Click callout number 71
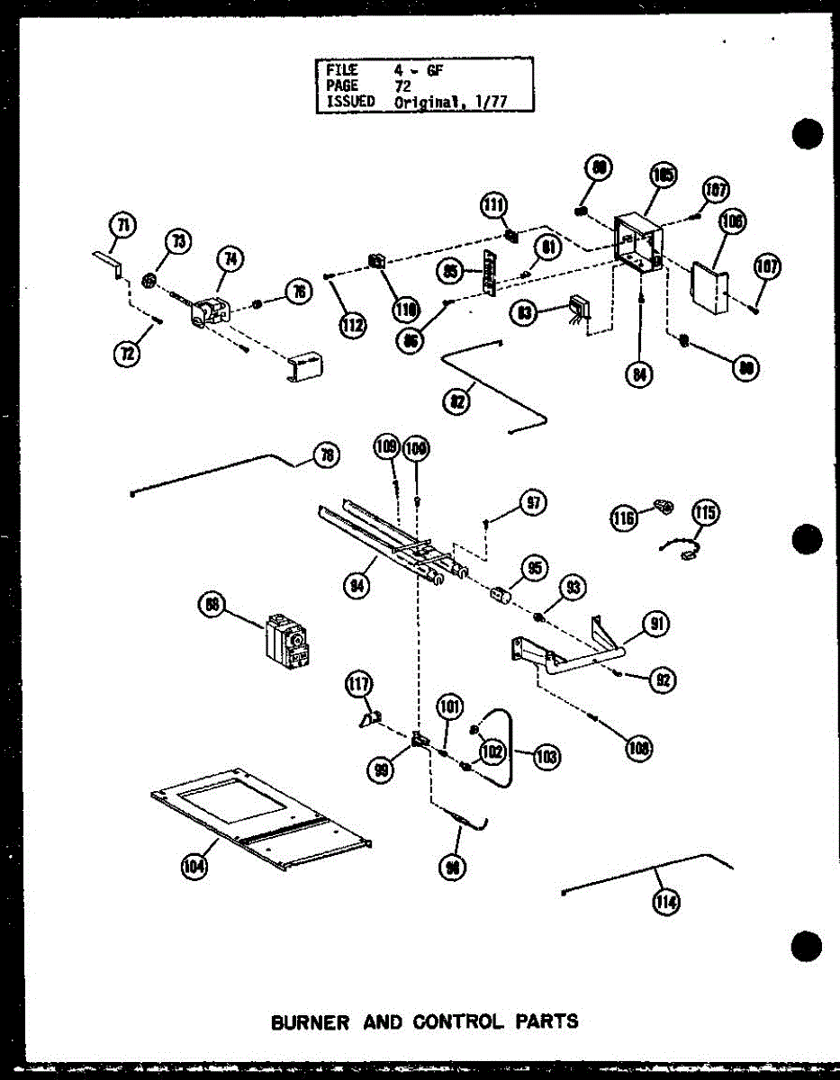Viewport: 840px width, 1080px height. click(x=122, y=224)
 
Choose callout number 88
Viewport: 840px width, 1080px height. click(x=212, y=607)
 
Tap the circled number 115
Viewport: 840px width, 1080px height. click(x=706, y=513)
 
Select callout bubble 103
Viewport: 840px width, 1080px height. click(x=544, y=755)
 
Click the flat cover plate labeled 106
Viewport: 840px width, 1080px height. click(x=709, y=287)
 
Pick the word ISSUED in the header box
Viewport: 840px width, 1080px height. click(x=349, y=102)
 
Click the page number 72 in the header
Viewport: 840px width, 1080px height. click(x=402, y=86)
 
